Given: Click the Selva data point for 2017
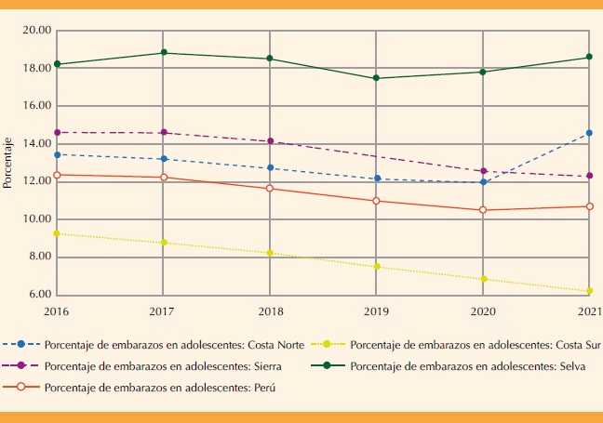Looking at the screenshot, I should (x=164, y=53).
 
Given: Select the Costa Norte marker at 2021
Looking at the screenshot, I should (x=589, y=133).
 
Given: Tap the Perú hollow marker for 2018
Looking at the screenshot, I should (x=270, y=189).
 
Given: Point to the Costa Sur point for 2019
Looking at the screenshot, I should (x=377, y=267).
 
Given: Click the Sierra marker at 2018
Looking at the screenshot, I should (x=270, y=141).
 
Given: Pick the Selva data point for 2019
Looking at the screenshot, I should (x=377, y=78).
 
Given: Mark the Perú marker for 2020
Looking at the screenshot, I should (x=483, y=210).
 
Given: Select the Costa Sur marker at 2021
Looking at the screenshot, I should (x=589, y=291).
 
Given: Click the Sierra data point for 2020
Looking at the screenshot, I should (x=483, y=171).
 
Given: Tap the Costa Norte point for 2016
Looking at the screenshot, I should (x=58, y=154).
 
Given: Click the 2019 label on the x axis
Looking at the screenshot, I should (x=377, y=310).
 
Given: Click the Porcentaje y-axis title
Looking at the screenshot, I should (x=8, y=163).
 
